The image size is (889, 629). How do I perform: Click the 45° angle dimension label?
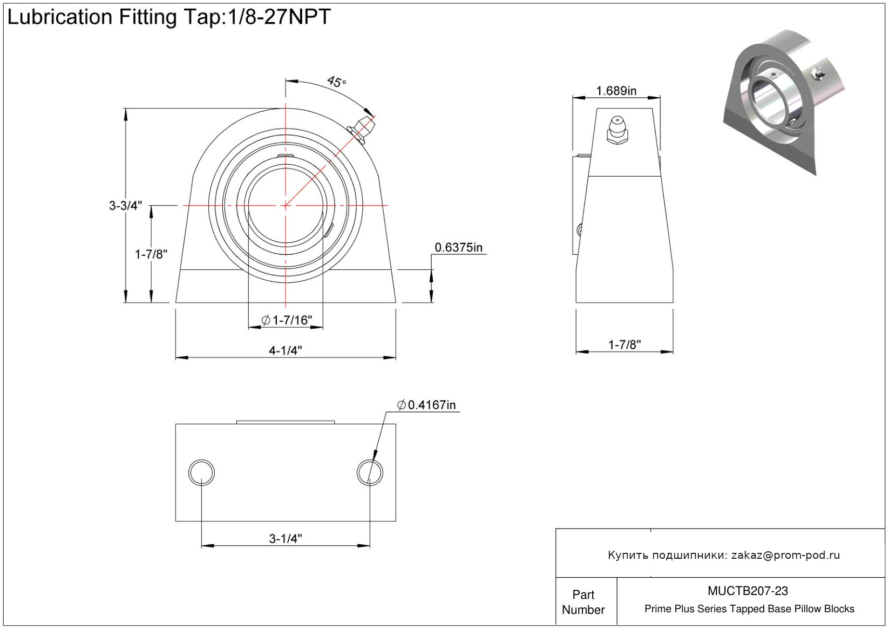pos(337,82)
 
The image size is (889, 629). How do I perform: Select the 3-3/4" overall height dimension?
pos(125,206)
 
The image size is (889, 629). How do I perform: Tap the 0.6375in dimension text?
pos(458,247)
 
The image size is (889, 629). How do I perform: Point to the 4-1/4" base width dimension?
pos(286,350)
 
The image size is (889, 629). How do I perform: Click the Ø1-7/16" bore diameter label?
pos(287,320)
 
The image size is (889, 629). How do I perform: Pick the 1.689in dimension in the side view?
pos(616,91)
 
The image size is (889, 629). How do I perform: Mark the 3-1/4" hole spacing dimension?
pos(286,539)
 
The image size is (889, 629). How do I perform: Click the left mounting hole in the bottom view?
pos(201,472)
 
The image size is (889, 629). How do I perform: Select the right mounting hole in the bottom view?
pos(370,472)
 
